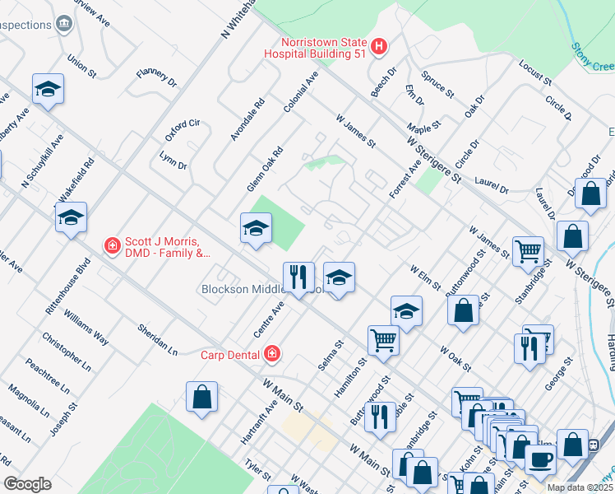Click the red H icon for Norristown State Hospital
379,47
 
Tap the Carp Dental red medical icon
271,355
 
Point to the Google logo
27,484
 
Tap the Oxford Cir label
183,129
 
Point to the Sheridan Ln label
157,338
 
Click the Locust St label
534,72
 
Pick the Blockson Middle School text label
243,289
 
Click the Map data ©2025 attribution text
580,487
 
